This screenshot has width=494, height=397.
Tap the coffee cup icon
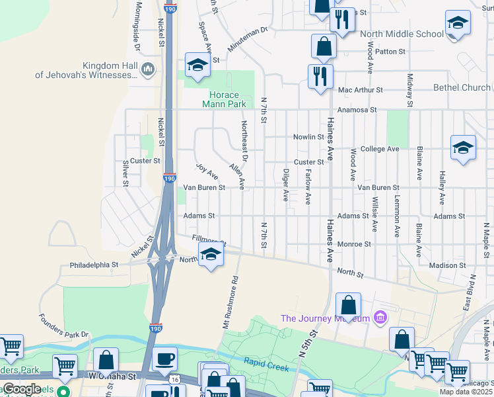click(164, 359)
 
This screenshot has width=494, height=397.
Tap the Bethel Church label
click(462, 87)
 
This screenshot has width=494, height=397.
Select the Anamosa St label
click(357, 110)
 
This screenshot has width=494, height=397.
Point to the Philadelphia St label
click(94, 265)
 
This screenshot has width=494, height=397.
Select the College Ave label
click(379, 149)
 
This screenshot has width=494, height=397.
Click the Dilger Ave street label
click(286, 185)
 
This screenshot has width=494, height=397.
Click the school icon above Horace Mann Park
click(197, 65)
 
